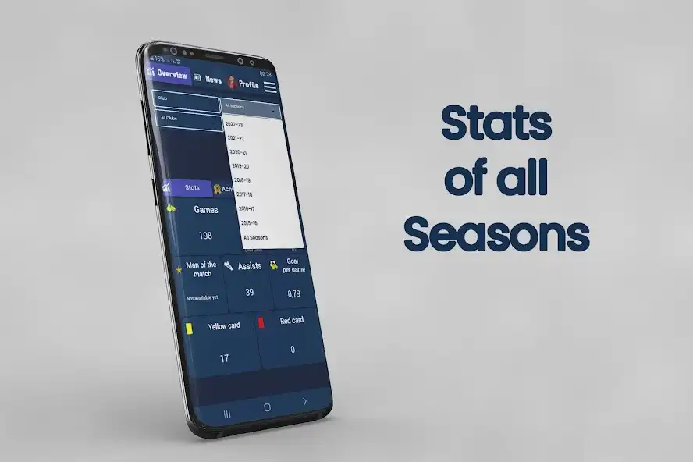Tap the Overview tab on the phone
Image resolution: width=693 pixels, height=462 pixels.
pyautogui.click(x=171, y=74)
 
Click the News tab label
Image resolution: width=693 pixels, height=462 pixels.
pyautogui.click(x=213, y=80)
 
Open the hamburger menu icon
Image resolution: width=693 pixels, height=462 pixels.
pyautogui.click(x=270, y=87)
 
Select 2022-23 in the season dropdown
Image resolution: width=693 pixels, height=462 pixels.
pyautogui.click(x=235, y=124)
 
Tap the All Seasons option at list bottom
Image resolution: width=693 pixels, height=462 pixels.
pyautogui.click(x=255, y=237)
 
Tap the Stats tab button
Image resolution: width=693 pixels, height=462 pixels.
pyautogui.click(x=192, y=188)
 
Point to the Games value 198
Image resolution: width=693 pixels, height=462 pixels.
pyautogui.click(x=205, y=236)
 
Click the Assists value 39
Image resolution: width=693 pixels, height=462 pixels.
pyautogui.click(x=249, y=292)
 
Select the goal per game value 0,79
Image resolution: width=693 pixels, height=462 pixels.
pyautogui.click(x=293, y=294)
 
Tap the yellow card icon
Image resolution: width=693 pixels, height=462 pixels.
pyautogui.click(x=189, y=329)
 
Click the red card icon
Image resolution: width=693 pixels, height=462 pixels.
pyautogui.click(x=261, y=322)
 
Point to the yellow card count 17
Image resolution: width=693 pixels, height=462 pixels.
pyautogui.click(x=224, y=358)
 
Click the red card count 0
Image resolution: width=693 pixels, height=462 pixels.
pyautogui.click(x=292, y=350)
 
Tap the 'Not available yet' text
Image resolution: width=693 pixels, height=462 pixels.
pyautogui.click(x=201, y=298)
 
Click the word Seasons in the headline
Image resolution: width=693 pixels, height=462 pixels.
pyautogui.click(x=496, y=234)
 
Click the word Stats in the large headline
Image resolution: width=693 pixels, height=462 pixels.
pyautogui.click(x=496, y=125)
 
